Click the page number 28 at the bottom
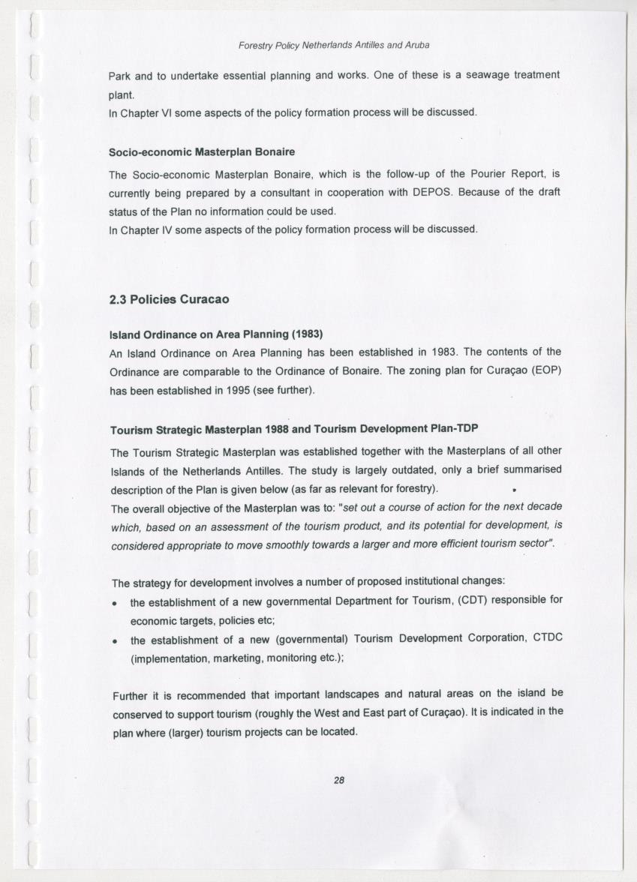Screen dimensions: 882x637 point(338,780)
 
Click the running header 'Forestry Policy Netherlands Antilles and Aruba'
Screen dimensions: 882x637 point(334,45)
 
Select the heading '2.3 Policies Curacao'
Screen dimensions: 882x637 point(169,299)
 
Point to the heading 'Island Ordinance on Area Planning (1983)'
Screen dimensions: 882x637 point(216,333)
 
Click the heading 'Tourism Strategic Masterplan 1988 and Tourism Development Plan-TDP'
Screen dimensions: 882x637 point(294,430)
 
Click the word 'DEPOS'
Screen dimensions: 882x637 point(431,192)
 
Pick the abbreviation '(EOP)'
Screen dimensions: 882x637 point(547,371)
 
